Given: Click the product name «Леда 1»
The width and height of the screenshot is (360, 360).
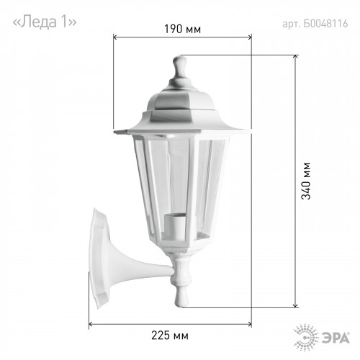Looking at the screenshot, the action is (45, 22).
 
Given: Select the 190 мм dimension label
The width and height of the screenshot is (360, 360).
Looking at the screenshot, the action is (182, 29).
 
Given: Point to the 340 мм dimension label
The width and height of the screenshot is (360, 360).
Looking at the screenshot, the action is (306, 181).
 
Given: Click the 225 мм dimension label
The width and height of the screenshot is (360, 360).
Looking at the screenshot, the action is (170, 336).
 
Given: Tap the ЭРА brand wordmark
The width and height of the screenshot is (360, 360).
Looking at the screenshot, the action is (336, 338).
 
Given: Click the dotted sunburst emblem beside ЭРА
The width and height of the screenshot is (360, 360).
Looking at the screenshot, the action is (306, 337).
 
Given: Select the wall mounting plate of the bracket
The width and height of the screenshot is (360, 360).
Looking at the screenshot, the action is (99, 258).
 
